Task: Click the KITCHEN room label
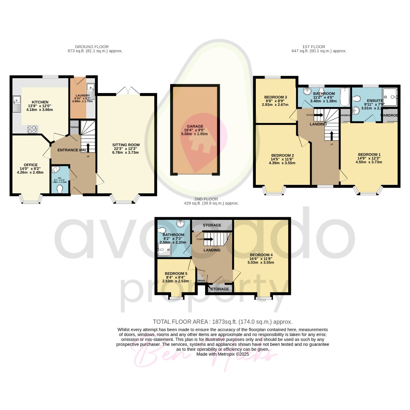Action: point(40,102)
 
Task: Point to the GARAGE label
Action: point(195,126)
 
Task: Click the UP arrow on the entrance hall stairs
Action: point(88,147)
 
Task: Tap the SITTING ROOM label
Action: point(126,145)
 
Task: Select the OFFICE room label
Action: point(31,165)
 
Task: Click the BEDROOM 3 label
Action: point(276,97)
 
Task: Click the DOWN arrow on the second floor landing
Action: point(208,239)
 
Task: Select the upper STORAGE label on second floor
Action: point(212,225)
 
